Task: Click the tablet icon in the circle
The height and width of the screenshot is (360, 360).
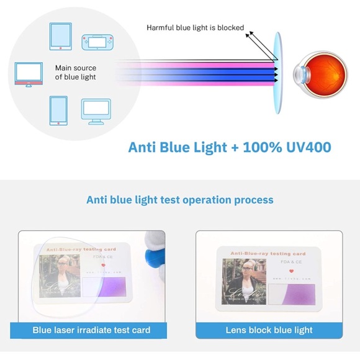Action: [61, 37]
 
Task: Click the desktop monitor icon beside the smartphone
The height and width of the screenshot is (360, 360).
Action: [96, 110]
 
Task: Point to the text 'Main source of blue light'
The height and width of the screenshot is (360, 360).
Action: [76, 73]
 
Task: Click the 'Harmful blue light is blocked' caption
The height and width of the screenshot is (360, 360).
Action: [195, 27]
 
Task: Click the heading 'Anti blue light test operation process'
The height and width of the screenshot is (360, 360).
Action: [179, 200]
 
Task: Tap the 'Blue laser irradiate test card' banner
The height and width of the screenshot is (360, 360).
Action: [91, 330]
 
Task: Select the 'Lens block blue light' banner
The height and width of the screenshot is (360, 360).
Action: [269, 330]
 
